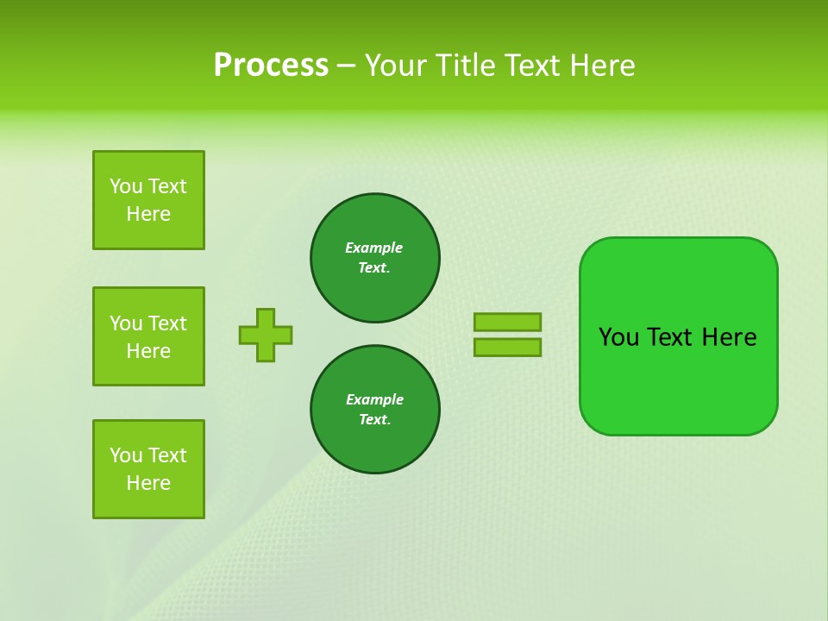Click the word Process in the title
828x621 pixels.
pyautogui.click(x=271, y=66)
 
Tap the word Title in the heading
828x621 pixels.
pyautogui.click(x=468, y=66)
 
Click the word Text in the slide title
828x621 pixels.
pyautogui.click(x=531, y=66)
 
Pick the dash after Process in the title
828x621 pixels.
pyautogui.click(x=346, y=66)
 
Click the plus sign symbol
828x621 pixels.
pyautogui.click(x=266, y=335)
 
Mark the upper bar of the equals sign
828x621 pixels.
pyautogui.click(x=507, y=322)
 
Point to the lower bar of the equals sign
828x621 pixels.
pyautogui.click(x=507, y=347)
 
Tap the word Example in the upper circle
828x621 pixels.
pyautogui.click(x=374, y=248)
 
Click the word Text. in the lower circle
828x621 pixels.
pyautogui.click(x=374, y=419)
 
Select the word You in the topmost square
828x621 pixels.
pyautogui.click(x=126, y=186)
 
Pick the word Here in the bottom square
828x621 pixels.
pyautogui.click(x=148, y=483)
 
